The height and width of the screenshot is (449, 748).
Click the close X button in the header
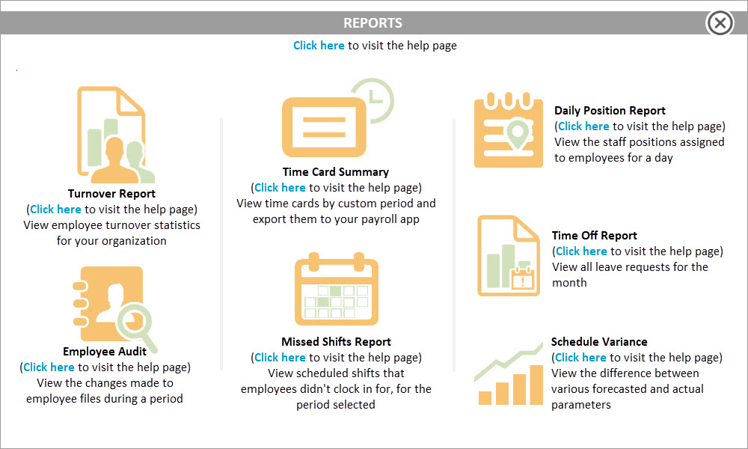[x=720, y=23]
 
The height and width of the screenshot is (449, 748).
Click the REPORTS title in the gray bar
[x=373, y=23]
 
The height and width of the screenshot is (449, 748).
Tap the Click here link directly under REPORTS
[x=319, y=46]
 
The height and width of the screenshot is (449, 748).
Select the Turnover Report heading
[x=111, y=194]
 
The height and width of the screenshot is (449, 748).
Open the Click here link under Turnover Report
[x=55, y=210]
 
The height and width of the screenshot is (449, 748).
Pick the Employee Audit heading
[x=105, y=352]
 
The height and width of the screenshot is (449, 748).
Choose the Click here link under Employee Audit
[x=49, y=367]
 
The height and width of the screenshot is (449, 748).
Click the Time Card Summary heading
[x=336, y=172]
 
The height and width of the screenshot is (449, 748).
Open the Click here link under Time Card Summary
[x=280, y=188]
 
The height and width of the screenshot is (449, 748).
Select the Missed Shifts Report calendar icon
[x=337, y=289]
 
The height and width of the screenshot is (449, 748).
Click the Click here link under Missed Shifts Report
[x=280, y=358]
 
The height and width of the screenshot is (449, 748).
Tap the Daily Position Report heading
[x=610, y=111]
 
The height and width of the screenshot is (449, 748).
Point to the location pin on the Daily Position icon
[x=518, y=133]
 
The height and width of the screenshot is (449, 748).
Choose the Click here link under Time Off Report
[x=581, y=251]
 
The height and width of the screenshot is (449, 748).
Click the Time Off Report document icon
[x=509, y=255]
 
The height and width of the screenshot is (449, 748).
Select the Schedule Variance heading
[x=599, y=342]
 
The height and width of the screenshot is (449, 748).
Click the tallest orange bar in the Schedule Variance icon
[x=536, y=385]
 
